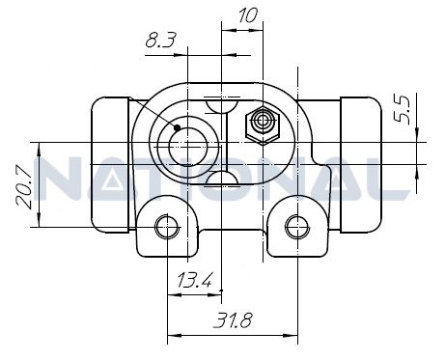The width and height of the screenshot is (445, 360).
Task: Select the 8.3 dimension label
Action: click(160, 42)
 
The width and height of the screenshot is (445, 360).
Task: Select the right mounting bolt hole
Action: click(294, 227)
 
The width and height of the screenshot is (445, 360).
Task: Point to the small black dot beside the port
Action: click(178, 126)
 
